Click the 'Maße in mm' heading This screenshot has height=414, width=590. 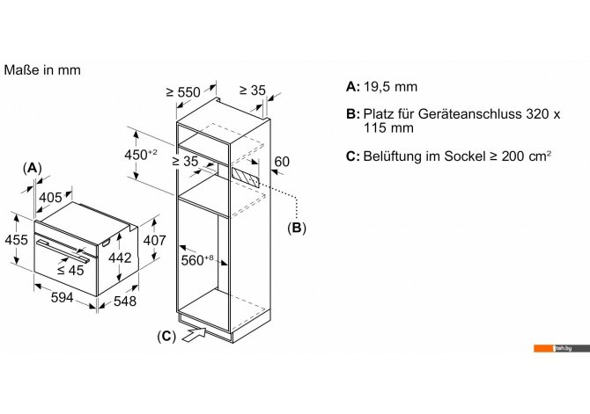tap(42, 70)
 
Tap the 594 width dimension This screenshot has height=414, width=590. tap(63, 297)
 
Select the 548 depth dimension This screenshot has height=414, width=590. tap(125, 301)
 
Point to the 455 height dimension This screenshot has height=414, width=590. tap(16, 240)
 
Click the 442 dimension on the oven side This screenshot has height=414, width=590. tap(120, 258)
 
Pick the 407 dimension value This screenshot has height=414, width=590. tap(155, 240)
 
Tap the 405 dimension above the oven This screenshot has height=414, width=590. tap(50, 197)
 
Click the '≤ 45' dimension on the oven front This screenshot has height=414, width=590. tap(70, 270)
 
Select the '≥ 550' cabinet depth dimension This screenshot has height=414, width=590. tap(183, 92)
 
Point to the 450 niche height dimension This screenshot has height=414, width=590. tap(141, 154)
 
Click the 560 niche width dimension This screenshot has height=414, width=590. tap(197, 260)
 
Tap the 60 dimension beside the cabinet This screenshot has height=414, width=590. tap(282, 162)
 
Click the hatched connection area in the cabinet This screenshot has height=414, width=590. tap(246, 178)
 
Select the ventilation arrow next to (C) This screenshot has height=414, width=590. tap(194, 334)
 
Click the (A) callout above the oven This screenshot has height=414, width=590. tap(33, 168)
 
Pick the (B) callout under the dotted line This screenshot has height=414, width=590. tap(297, 228)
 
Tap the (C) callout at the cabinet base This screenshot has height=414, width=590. tap(166, 337)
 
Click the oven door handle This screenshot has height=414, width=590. tap(63, 251)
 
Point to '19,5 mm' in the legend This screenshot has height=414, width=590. tap(391, 87)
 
